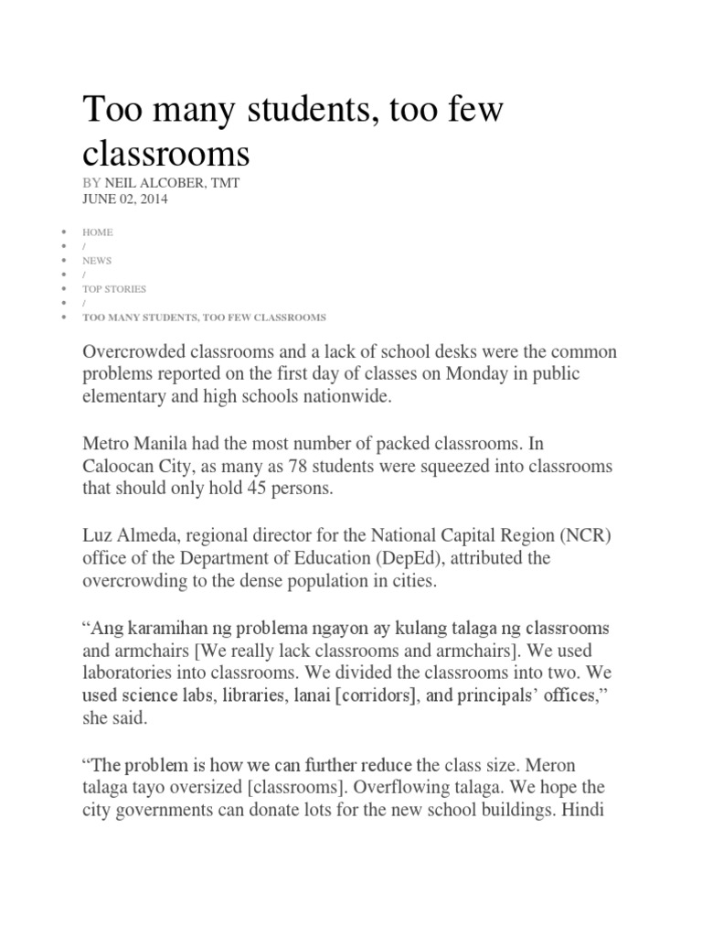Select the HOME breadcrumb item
(x=97, y=232)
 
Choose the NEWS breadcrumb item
(x=97, y=261)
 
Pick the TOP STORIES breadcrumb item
(x=114, y=289)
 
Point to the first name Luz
(x=98, y=535)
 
